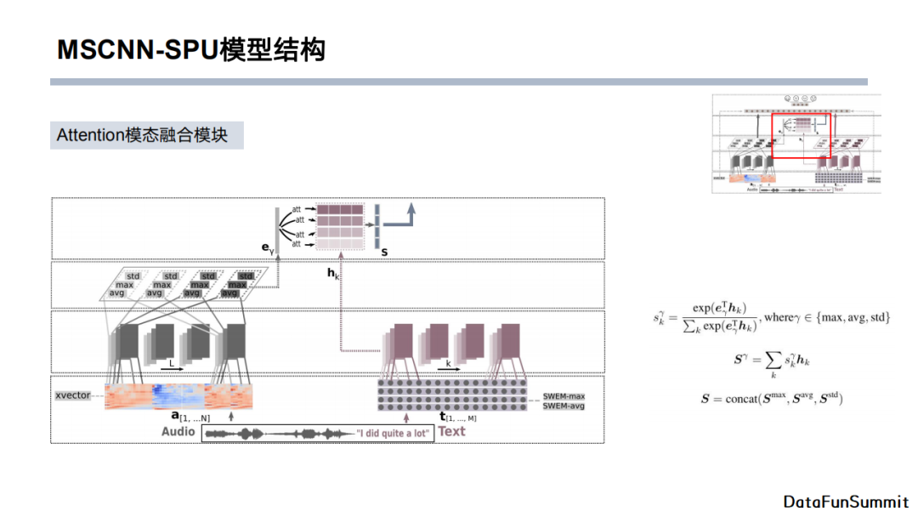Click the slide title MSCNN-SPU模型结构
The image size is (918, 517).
pos(190,49)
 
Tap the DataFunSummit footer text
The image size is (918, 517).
pos(846,501)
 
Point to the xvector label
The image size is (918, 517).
pos(73,395)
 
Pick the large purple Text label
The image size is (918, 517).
pos(452,431)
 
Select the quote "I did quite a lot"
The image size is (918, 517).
pos(394,434)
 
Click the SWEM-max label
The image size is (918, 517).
pos(564,396)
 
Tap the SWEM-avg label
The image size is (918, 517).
pos(564,406)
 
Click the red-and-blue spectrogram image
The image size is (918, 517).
pos(178,396)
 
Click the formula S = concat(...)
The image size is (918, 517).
pos(772,398)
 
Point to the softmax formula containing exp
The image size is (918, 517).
pos(772,318)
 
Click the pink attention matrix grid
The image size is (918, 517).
pos(339,225)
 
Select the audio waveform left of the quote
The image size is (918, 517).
pos(280,434)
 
